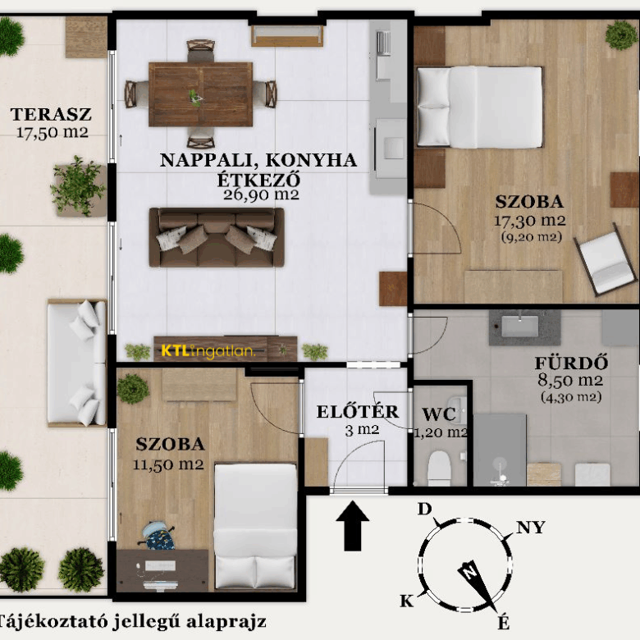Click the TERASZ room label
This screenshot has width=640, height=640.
[x=51, y=114]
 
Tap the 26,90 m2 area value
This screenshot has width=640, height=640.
[x=261, y=194]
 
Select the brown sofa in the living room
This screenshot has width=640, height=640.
[x=217, y=237]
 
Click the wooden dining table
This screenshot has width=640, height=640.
[x=200, y=94]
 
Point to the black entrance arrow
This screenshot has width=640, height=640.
[x=353, y=526]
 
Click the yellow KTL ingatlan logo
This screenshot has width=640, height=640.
[x=208, y=351]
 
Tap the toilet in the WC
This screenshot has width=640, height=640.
[x=438, y=467]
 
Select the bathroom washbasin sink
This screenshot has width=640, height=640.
[x=519, y=327]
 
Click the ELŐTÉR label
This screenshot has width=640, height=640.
[x=358, y=412]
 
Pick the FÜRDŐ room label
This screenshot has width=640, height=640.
[x=571, y=363]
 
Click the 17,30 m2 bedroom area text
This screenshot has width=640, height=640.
[x=530, y=221]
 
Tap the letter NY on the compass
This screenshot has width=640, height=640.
[x=531, y=528]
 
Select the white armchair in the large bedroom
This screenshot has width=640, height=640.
[x=605, y=259]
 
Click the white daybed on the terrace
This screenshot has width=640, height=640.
[x=77, y=363]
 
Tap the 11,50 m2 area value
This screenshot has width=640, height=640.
[x=168, y=464]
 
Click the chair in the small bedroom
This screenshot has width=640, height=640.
[x=158, y=535]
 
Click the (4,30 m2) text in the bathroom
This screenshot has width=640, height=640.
[x=571, y=397]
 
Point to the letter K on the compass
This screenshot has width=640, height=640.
[x=406, y=601]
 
